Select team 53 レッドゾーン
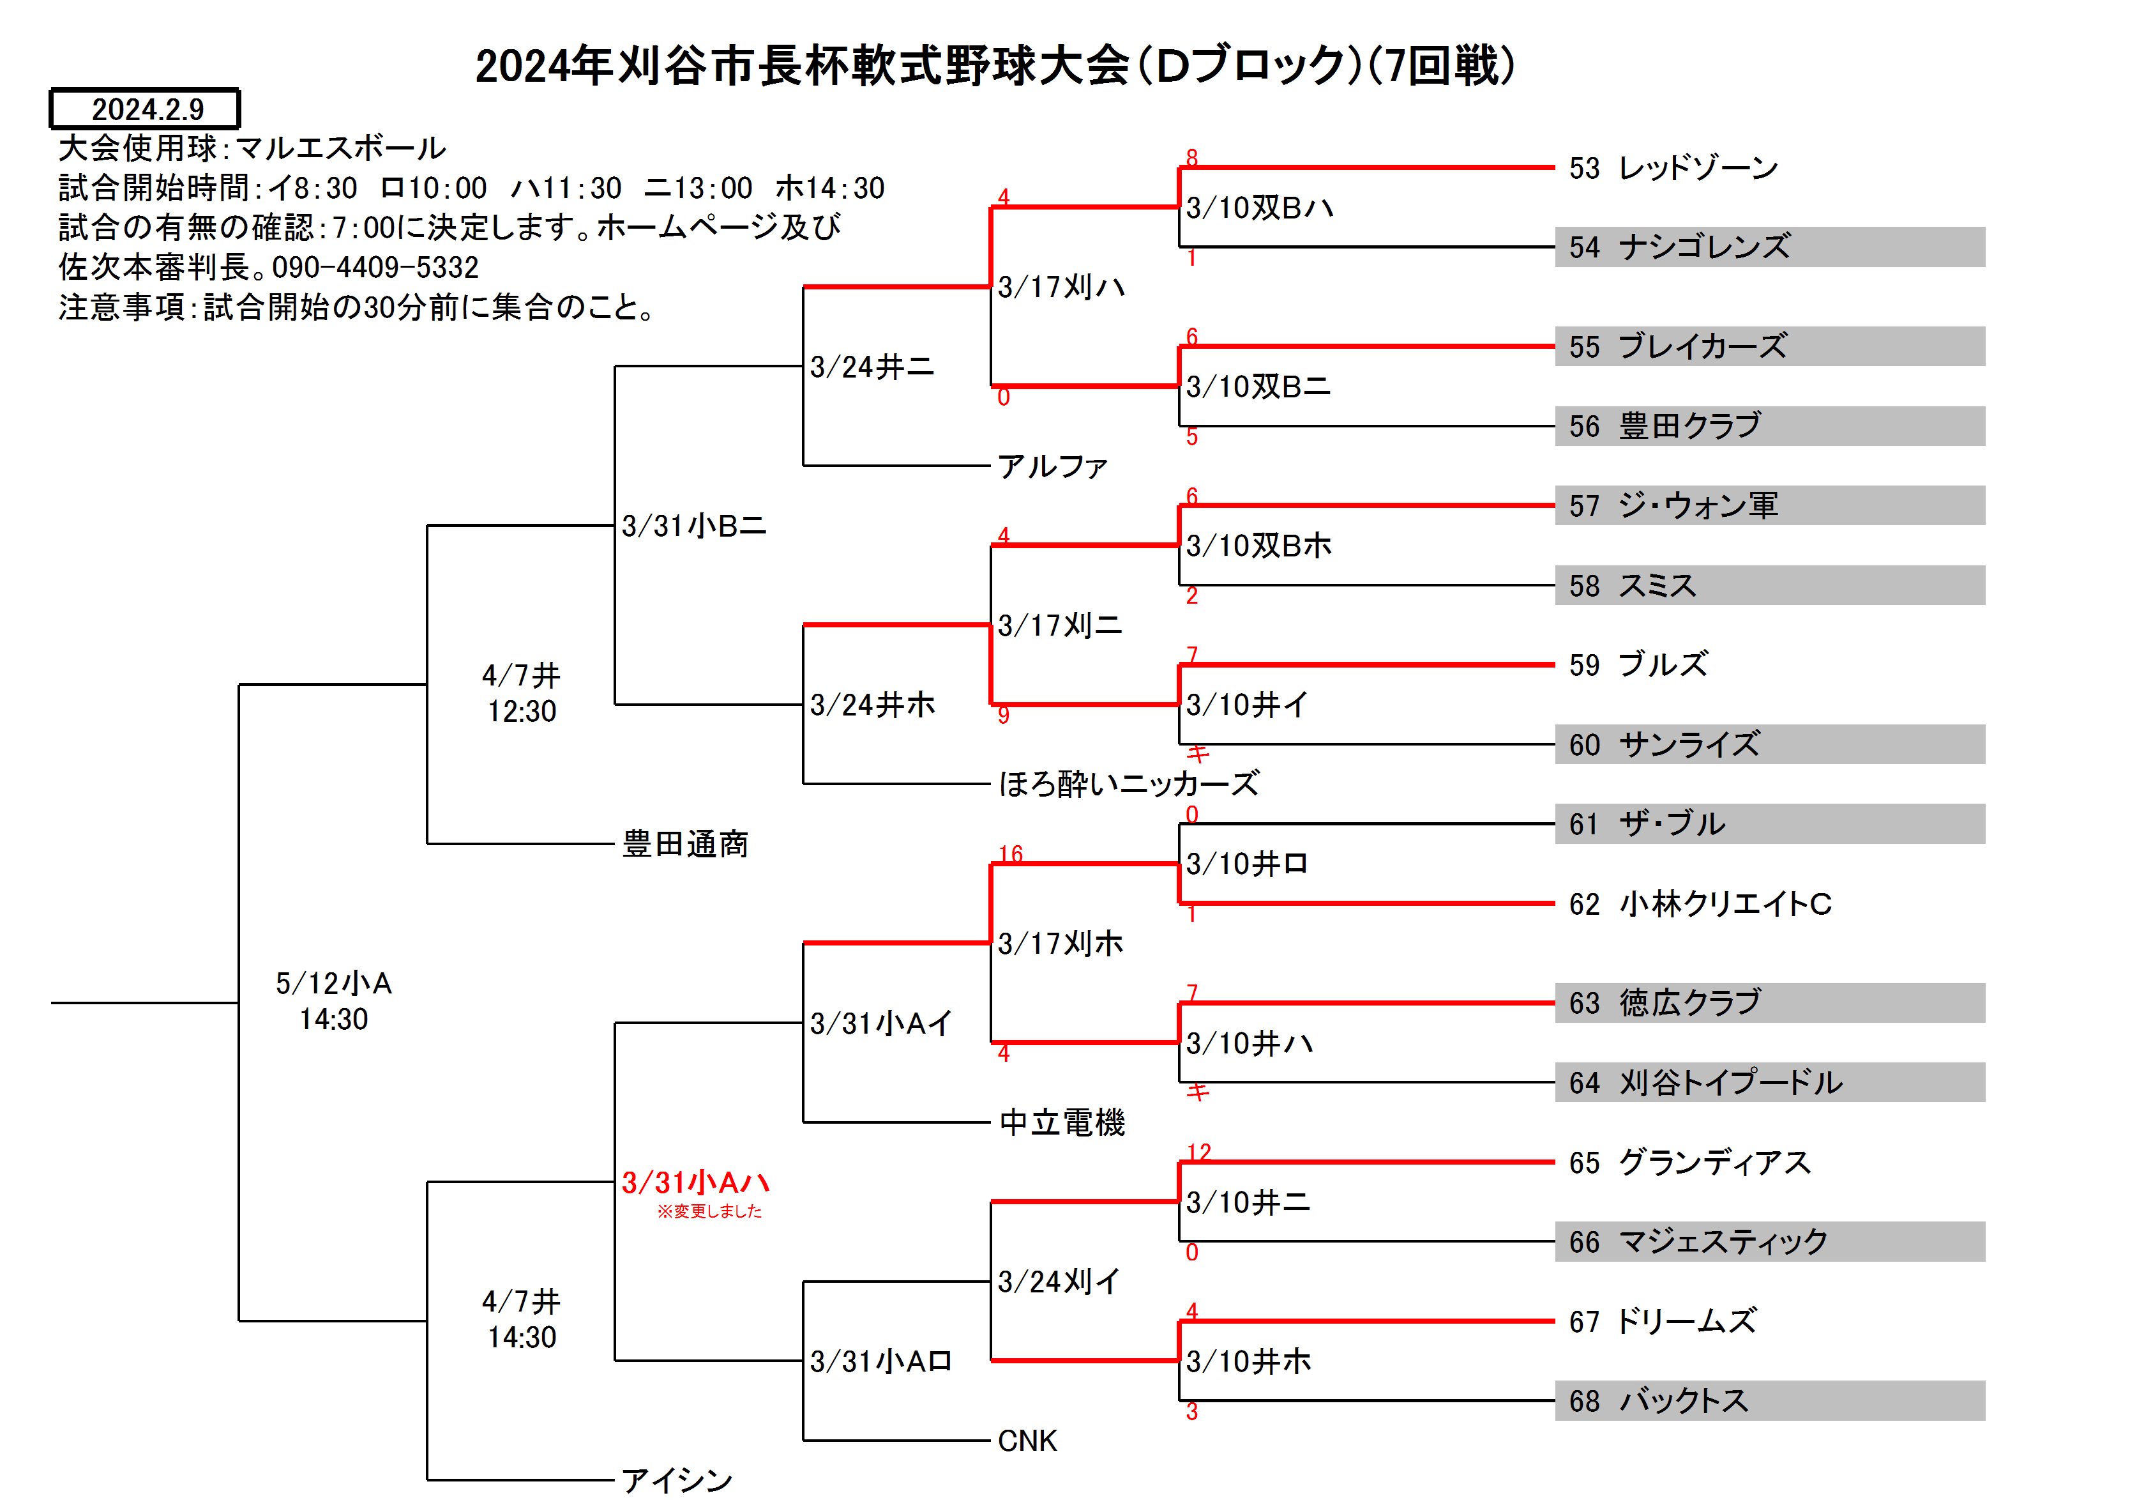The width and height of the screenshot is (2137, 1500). tap(1673, 167)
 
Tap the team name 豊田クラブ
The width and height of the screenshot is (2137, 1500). tap(1689, 425)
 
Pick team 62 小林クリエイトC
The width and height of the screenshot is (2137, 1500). tap(1700, 903)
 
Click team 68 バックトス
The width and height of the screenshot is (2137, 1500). tap(1659, 1400)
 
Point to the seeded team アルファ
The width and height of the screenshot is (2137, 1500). tap(1052, 466)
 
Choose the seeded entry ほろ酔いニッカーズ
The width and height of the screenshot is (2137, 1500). tap(1128, 784)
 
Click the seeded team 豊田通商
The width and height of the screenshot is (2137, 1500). tap(685, 843)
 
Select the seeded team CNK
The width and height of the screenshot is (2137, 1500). tap(1027, 1441)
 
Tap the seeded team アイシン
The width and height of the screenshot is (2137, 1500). tap(677, 1480)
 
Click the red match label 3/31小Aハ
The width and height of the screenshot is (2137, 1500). tap(695, 1182)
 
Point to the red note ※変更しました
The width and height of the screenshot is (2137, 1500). tap(709, 1211)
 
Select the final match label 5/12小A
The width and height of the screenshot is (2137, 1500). tap(333, 983)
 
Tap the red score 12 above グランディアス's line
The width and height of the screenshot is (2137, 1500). tap(1199, 1152)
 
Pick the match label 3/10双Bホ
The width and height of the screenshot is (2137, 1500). tap(1258, 545)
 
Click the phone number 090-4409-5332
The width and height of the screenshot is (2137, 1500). tap(375, 267)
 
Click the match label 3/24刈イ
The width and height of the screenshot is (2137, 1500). tap(1059, 1281)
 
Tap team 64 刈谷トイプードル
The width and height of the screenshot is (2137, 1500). tap(1705, 1082)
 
